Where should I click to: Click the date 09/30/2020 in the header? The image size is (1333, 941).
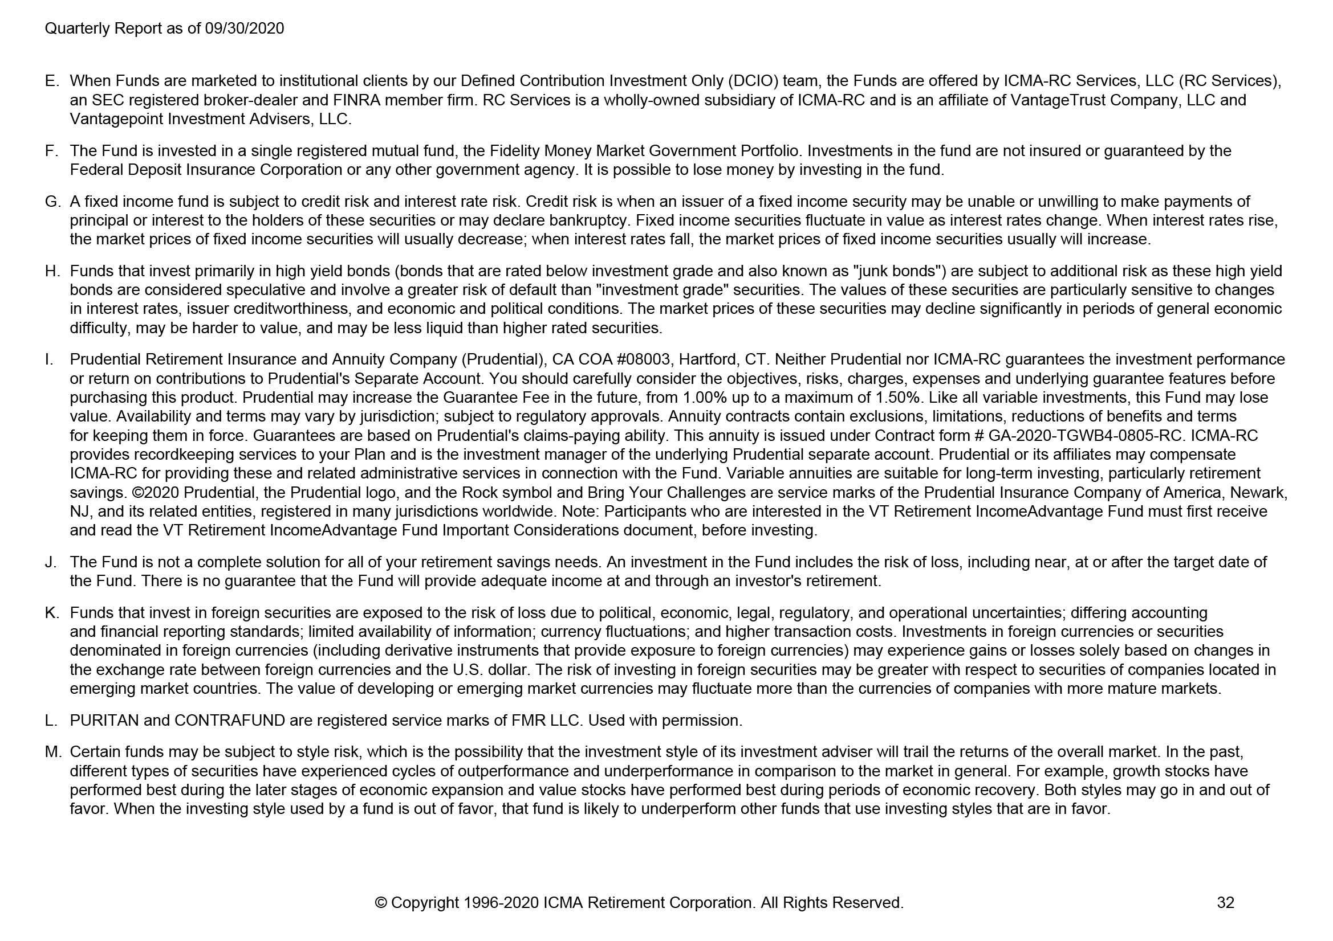click(245, 28)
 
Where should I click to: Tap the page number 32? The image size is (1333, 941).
click(1225, 902)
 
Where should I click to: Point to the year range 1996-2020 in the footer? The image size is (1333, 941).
click(502, 902)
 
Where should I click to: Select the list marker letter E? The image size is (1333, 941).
click(51, 81)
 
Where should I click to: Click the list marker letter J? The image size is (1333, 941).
click(51, 562)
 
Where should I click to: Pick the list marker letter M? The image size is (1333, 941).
click(53, 751)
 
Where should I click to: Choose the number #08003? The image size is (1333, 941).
click(642, 359)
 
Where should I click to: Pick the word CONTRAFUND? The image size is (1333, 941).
click(229, 720)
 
